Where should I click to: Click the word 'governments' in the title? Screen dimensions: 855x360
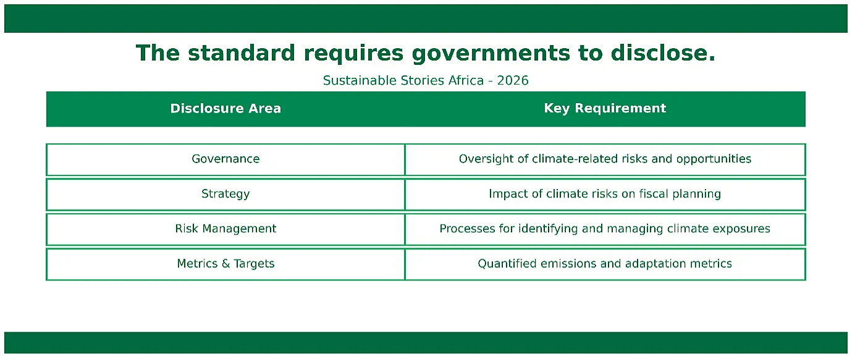(x=491, y=53)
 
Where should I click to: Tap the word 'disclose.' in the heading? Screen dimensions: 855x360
(x=663, y=52)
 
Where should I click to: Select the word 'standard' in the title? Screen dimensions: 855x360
(x=242, y=52)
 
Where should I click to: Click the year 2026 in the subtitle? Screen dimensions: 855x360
(x=513, y=80)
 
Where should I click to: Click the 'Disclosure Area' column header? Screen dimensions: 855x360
(x=225, y=108)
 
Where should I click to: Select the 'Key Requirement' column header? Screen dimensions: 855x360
(x=605, y=108)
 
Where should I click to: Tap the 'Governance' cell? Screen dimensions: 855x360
(x=225, y=159)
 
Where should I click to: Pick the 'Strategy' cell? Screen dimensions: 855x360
(x=225, y=194)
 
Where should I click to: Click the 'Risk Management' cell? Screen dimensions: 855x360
(x=225, y=229)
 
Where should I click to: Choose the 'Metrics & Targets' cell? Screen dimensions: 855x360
(x=225, y=264)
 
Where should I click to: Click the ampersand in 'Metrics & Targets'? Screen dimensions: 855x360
(x=225, y=264)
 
